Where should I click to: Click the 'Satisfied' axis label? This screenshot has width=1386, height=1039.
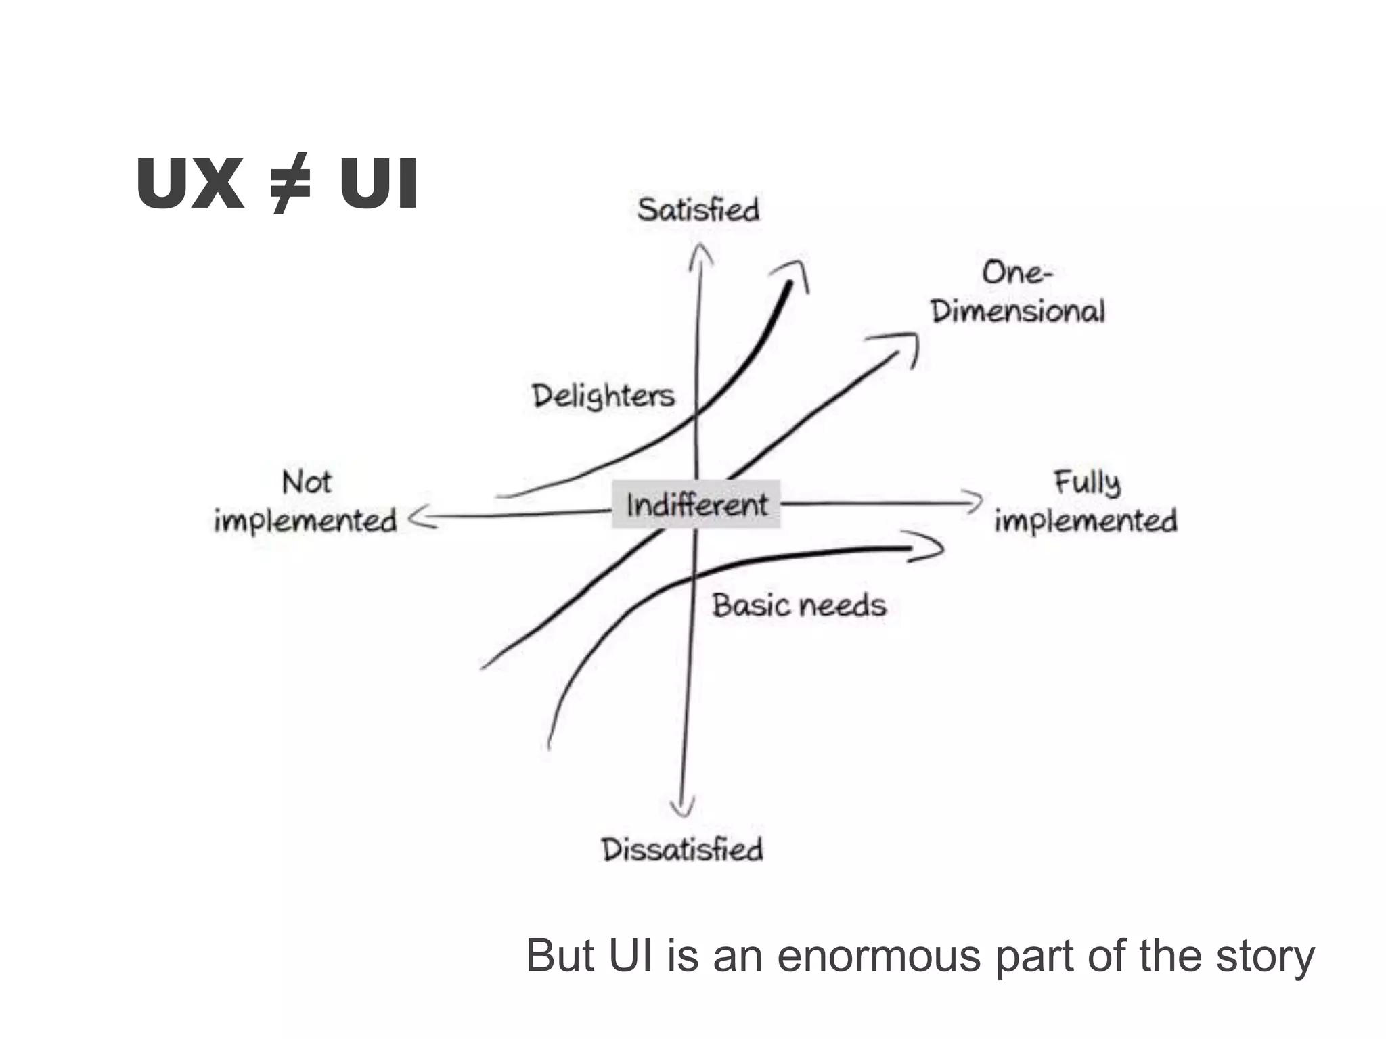pyautogui.click(x=698, y=210)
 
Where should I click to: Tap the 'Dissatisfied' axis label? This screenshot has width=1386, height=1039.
pyautogui.click(x=682, y=850)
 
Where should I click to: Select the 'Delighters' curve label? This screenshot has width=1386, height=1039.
pyautogui.click(x=603, y=395)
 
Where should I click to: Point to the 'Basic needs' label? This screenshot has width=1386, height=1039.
pyautogui.click(x=799, y=605)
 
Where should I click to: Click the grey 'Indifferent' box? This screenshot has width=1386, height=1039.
pyautogui.click(x=696, y=505)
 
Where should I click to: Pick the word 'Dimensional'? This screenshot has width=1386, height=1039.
pyautogui.click(x=1017, y=311)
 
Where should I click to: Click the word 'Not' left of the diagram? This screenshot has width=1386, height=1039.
pyautogui.click(x=307, y=482)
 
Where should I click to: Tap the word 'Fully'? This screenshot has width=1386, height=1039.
pyautogui.click(x=1087, y=482)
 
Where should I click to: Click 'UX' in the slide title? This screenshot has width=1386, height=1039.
pyautogui.click(x=189, y=184)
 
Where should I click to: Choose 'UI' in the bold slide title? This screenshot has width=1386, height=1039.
pyautogui.click(x=378, y=184)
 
